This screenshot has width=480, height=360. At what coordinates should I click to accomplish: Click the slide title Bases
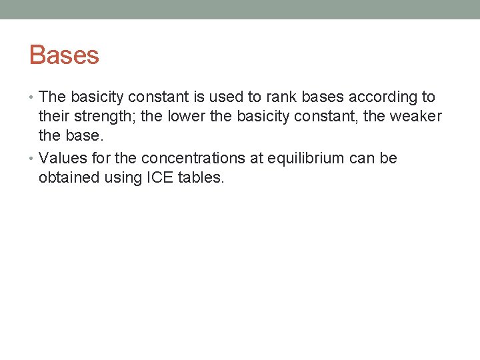64,55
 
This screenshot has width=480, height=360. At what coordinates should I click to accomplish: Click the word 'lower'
189,117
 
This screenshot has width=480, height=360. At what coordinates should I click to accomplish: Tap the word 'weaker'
415,117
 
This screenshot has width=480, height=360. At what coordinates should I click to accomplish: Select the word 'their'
55,117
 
